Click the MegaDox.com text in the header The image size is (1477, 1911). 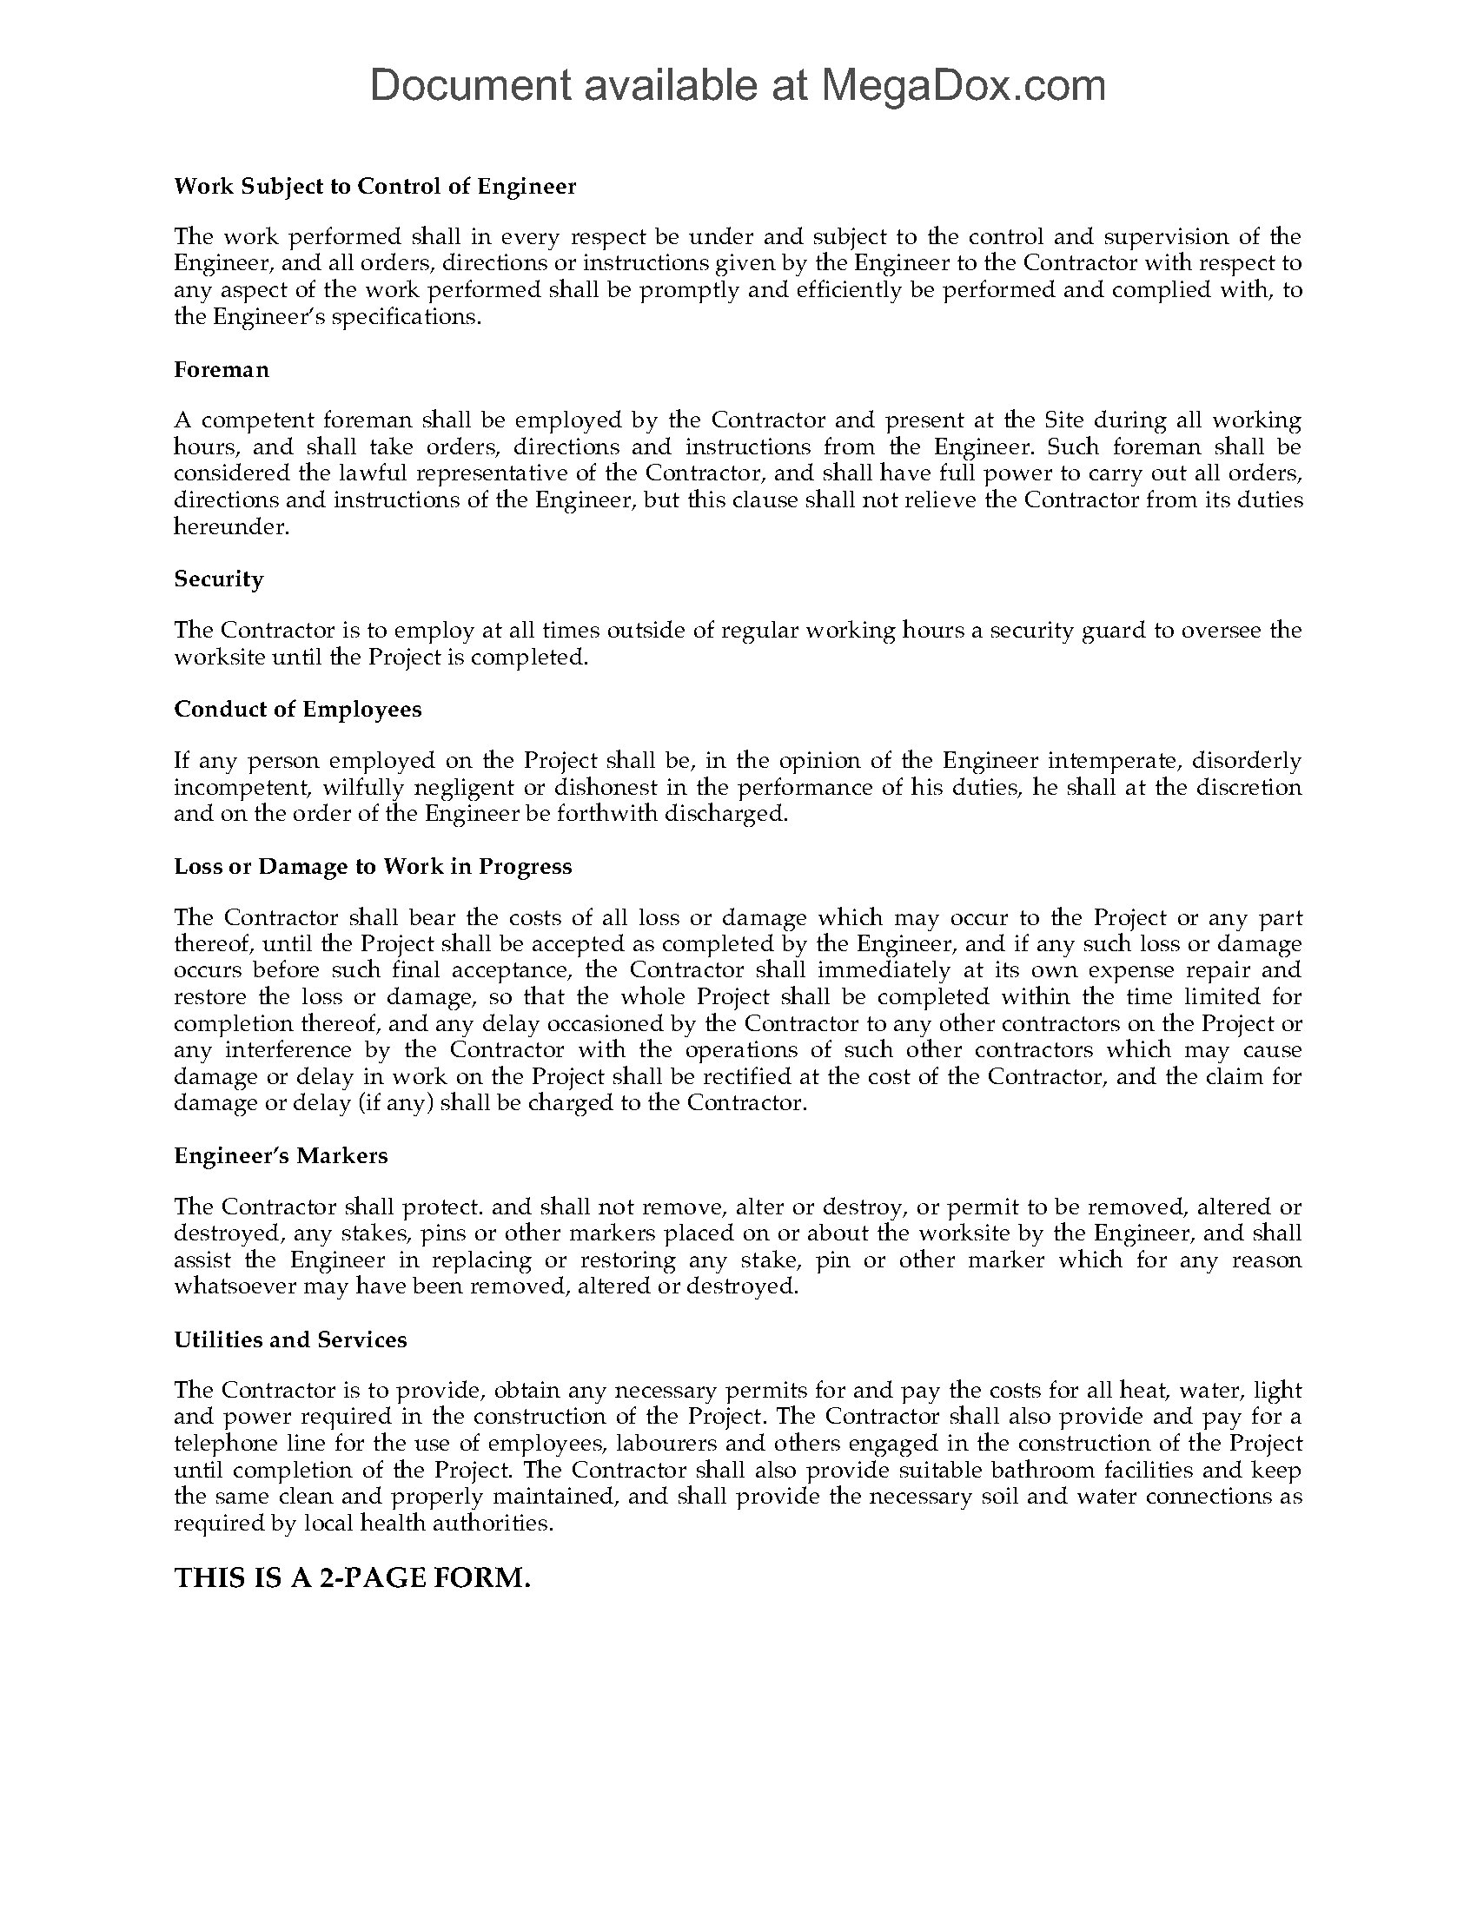(x=963, y=86)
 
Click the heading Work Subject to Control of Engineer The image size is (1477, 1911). (x=374, y=187)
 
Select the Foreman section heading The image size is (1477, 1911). (x=222, y=369)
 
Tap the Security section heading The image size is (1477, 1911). (x=219, y=579)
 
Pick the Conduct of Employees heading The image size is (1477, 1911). (x=297, y=709)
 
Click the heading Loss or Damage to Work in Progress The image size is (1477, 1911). (x=373, y=866)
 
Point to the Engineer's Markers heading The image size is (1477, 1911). (x=281, y=1155)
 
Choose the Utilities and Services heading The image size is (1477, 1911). (x=290, y=1339)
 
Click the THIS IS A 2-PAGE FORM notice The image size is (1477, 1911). (x=353, y=1577)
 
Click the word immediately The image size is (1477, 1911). (x=883, y=970)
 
